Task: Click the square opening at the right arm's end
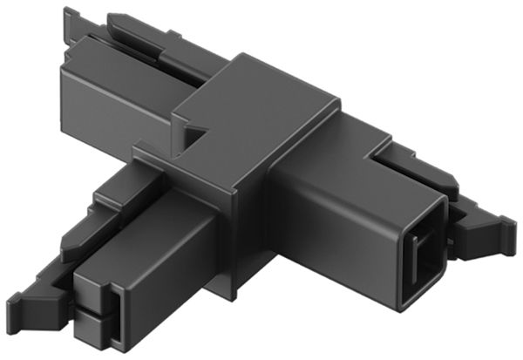[423, 254]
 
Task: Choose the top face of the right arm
[366, 166]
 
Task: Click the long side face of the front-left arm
[170, 279]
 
